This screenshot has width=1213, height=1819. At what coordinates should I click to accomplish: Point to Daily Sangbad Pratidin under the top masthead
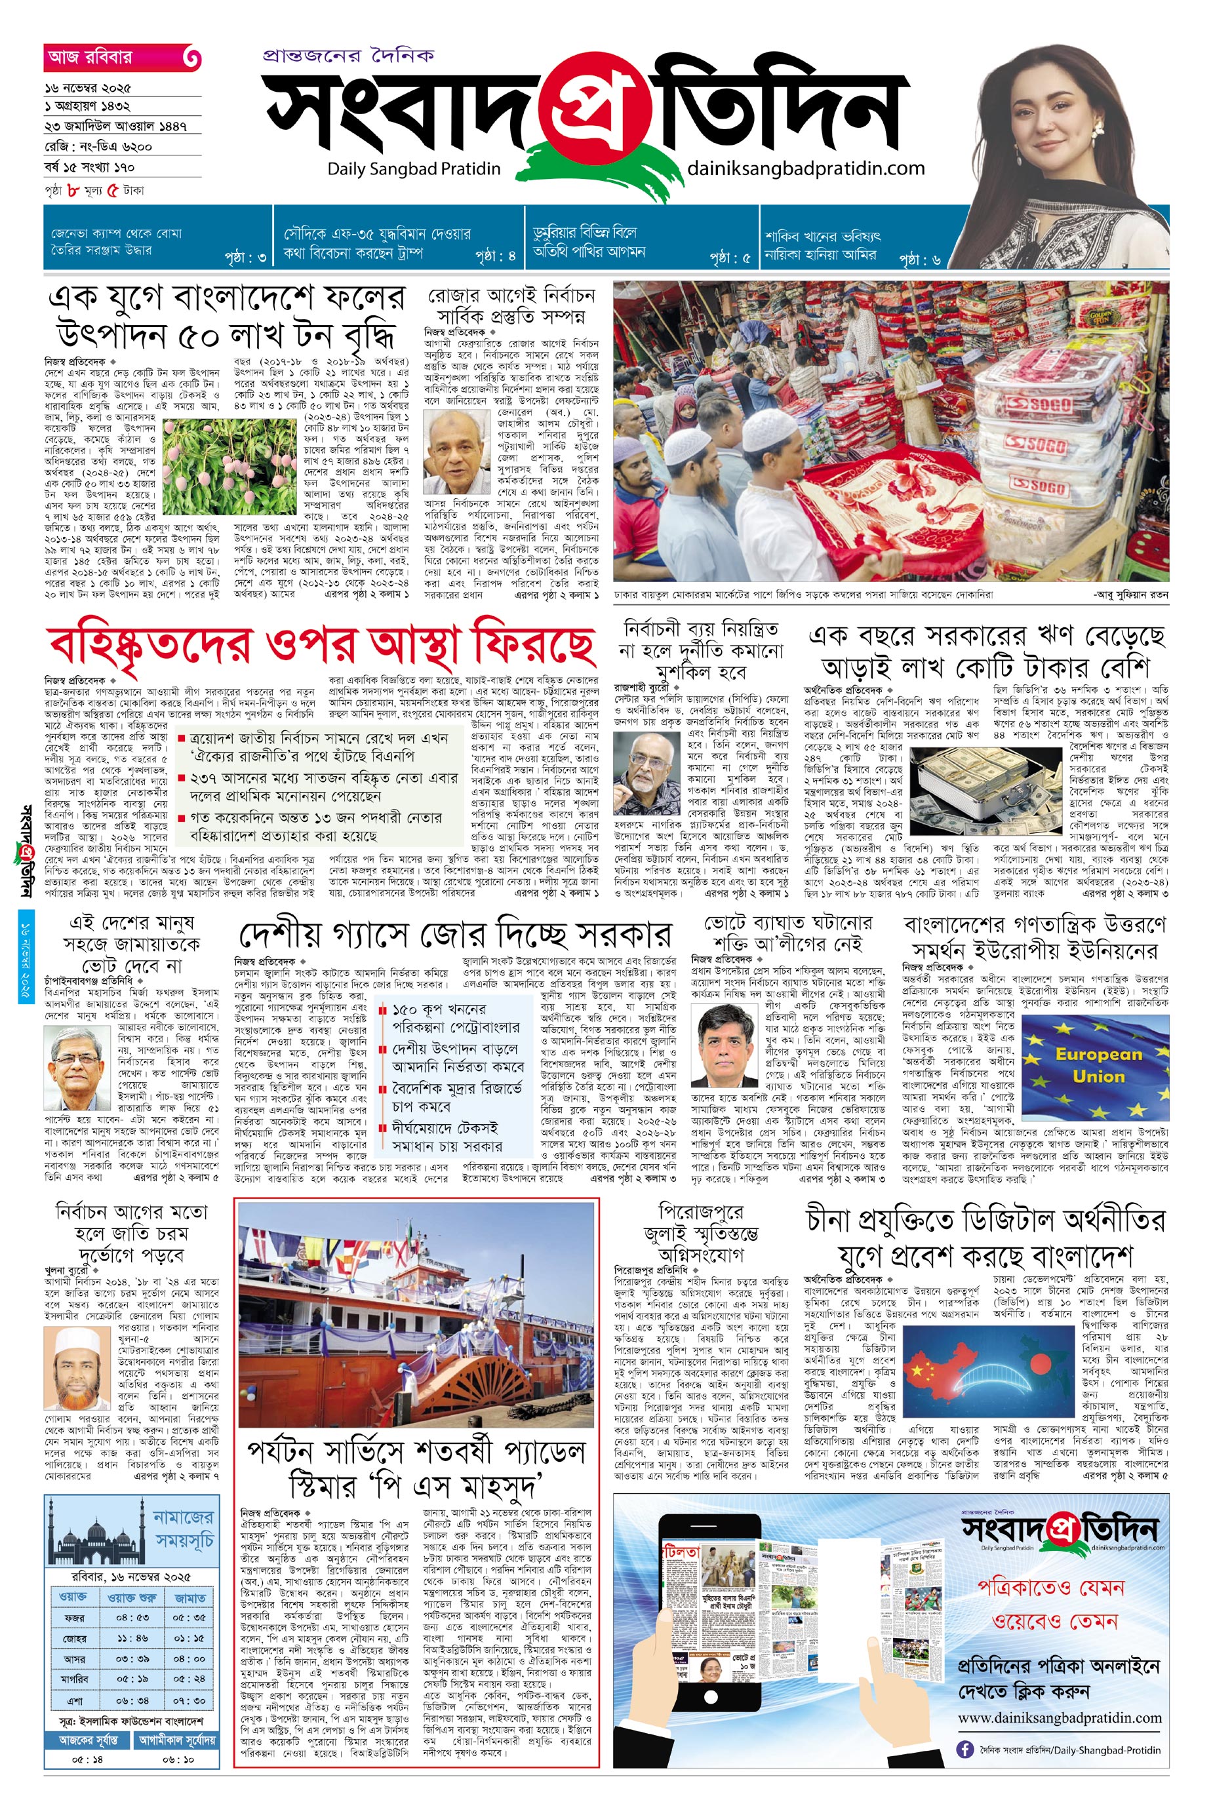point(414,168)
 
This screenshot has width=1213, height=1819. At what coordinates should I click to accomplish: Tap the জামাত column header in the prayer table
point(189,1596)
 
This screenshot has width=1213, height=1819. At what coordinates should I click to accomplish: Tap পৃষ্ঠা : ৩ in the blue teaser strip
point(245,257)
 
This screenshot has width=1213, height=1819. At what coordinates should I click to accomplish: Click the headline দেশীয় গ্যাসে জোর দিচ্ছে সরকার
point(454,935)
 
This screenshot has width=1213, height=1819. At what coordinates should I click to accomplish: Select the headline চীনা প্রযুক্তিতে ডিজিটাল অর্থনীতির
point(985,1221)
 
